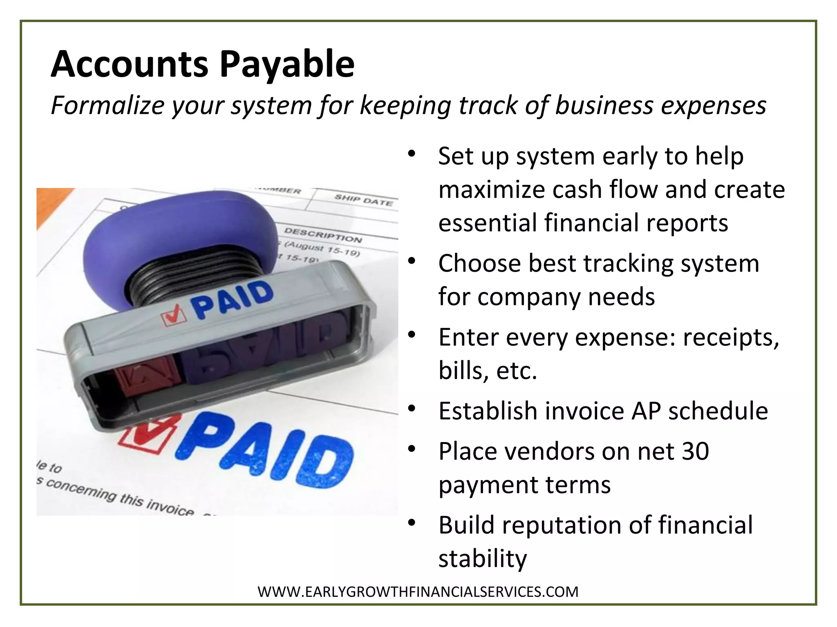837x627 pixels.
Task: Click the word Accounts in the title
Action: click(130, 64)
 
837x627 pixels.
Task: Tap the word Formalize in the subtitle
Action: click(107, 105)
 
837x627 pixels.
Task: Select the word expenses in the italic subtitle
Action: click(713, 105)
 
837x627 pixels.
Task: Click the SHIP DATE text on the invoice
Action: click(363, 200)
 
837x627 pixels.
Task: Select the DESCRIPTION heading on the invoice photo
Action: click(323, 235)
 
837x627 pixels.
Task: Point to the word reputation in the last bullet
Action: click(562, 525)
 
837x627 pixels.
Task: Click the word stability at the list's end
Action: click(483, 558)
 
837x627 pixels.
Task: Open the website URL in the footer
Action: click(418, 591)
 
